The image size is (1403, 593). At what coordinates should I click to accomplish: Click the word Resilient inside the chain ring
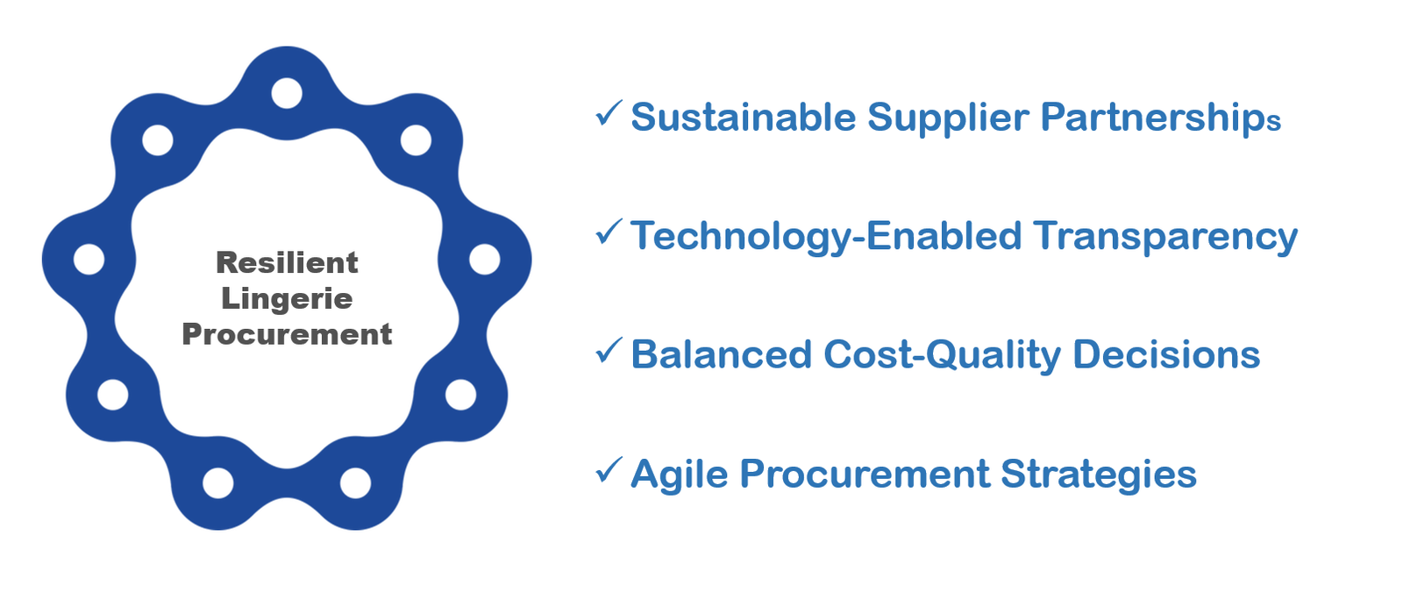[x=287, y=262]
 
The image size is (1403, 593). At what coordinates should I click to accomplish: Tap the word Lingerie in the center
[x=287, y=299]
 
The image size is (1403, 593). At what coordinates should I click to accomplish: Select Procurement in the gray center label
[x=287, y=334]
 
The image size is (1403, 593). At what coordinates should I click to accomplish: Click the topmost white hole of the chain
[x=287, y=93]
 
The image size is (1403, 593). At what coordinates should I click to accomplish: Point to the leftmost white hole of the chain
[x=89, y=260]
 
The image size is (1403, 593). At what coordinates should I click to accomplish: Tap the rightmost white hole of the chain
[x=485, y=260]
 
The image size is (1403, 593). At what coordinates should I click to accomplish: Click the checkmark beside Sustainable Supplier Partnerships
[x=609, y=113]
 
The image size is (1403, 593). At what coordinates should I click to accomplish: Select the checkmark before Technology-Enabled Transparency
[x=609, y=232]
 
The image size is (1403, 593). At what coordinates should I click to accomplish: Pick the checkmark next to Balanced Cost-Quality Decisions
[x=609, y=350]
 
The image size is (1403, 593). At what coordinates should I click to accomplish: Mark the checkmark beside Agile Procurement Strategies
[x=609, y=469]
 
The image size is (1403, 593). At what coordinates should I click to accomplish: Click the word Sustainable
[x=744, y=118]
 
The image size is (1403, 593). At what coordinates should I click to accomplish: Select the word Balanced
[x=722, y=354]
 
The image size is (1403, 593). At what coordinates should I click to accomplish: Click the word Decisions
[x=1167, y=354]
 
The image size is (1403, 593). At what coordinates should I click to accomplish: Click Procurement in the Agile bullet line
[x=865, y=474]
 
